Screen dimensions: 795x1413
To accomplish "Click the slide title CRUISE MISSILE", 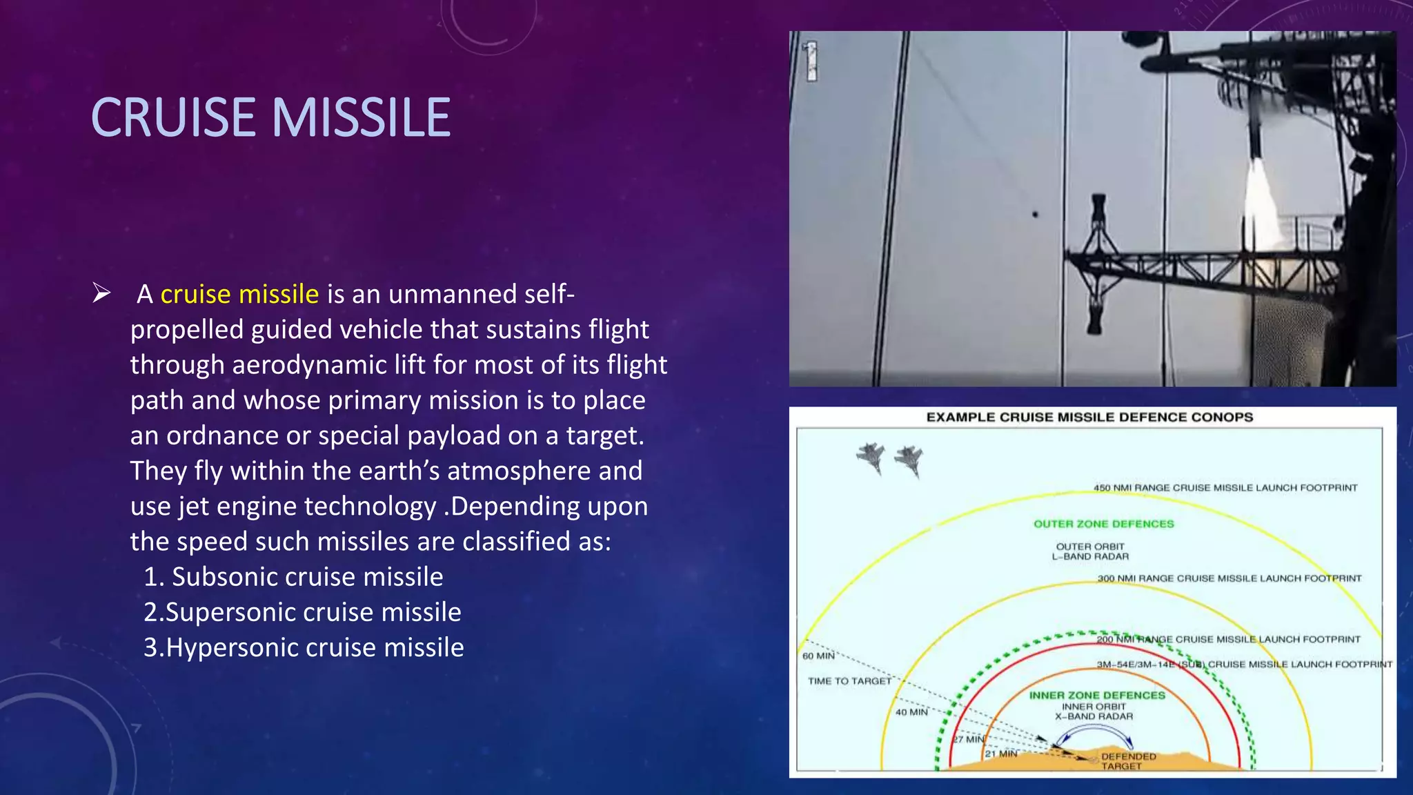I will pyautogui.click(x=270, y=117).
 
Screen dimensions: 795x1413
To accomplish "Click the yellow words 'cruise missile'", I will pyautogui.click(x=239, y=295).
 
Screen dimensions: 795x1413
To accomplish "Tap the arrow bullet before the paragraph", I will pyautogui.click(x=101, y=294).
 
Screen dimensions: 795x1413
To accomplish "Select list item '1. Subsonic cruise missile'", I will pyautogui.click(x=293, y=577).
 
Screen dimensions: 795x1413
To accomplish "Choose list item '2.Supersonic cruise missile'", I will pyautogui.click(x=302, y=612).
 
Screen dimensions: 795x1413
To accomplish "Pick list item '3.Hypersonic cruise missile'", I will pyautogui.click(x=304, y=647).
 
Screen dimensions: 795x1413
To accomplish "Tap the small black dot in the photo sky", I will pyautogui.click(x=1035, y=215).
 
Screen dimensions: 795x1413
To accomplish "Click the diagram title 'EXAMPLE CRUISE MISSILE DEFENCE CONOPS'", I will pyautogui.click(x=1089, y=417).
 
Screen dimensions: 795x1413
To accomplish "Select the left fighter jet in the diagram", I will pyautogui.click(x=871, y=457).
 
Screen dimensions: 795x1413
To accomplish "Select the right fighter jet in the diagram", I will pyautogui.click(x=909, y=460).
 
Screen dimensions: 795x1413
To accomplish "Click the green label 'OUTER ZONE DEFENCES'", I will pyautogui.click(x=1103, y=524).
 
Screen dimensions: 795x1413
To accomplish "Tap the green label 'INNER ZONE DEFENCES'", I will pyautogui.click(x=1097, y=695).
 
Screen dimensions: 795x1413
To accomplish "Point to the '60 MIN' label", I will pyautogui.click(x=818, y=656).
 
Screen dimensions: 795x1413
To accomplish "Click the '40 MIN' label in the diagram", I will pyautogui.click(x=911, y=711).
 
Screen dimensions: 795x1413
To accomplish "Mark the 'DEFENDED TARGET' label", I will pyautogui.click(x=1128, y=760).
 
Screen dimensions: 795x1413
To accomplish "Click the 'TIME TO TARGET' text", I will pyautogui.click(x=849, y=680).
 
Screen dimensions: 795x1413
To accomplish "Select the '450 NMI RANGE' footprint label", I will pyautogui.click(x=1225, y=488).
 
